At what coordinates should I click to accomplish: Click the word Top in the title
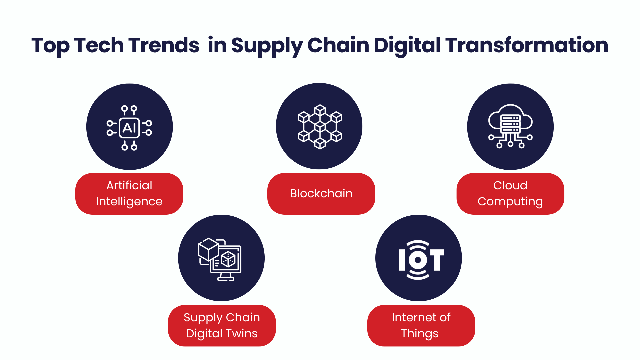[51, 46]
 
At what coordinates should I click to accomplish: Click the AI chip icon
[129, 128]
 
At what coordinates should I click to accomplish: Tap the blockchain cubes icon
[320, 127]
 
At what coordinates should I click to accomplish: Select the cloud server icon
[510, 126]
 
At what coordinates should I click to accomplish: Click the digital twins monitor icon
[220, 259]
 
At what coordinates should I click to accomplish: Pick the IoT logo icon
[421, 260]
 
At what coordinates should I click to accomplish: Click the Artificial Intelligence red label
[129, 194]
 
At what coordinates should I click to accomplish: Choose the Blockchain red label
[321, 194]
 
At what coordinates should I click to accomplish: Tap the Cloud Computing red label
[510, 194]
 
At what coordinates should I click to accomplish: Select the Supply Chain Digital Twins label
[222, 326]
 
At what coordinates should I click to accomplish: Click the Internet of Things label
[421, 326]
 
